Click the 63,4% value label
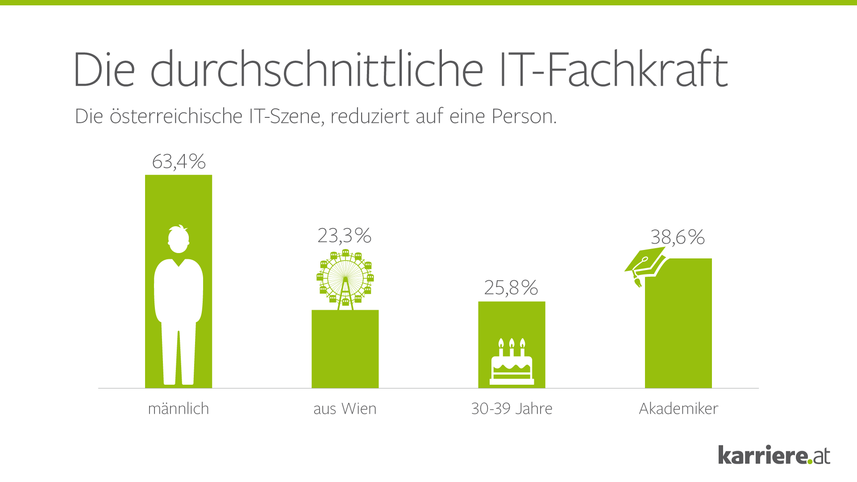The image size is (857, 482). point(179,162)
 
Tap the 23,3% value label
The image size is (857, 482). point(344,236)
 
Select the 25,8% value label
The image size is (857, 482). point(511,288)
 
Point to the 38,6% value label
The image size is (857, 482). point(678,237)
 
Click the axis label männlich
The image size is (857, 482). point(179,408)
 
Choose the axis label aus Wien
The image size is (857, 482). point(345,408)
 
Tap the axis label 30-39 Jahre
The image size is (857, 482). point(512,408)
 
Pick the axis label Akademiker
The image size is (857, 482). point(678,408)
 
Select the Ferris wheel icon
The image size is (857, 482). point(345,279)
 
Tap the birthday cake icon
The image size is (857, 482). point(512,362)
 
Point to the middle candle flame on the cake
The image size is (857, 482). point(512,343)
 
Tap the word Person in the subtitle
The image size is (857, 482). point(524,116)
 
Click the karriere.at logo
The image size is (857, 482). point(774,455)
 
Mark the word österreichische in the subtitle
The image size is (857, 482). point(176,116)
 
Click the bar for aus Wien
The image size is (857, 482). point(345,350)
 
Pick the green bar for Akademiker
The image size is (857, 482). point(678,326)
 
